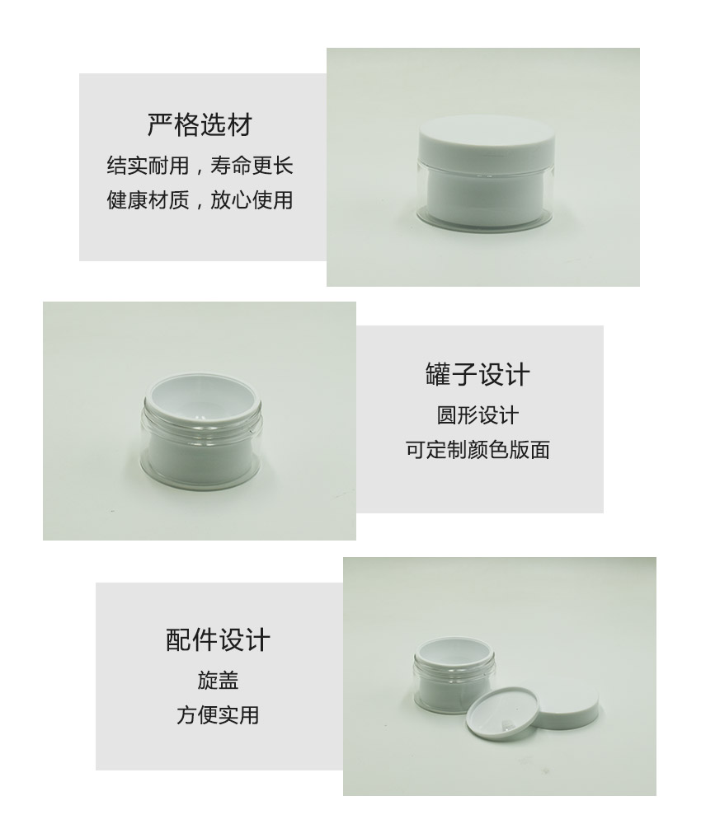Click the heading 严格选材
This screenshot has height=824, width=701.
[200, 125]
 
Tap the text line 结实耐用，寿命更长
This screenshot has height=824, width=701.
[200, 166]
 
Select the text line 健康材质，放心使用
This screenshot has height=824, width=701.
[200, 199]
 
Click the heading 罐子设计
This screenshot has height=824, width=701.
[478, 375]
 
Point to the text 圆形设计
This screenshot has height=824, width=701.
[478, 415]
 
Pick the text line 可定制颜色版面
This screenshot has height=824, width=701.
[478, 450]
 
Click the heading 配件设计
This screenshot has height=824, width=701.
[219, 640]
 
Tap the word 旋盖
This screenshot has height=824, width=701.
[219, 680]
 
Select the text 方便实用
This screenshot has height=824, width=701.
[219, 714]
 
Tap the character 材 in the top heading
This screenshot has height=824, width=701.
[240, 125]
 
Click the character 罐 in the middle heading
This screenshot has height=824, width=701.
[438, 375]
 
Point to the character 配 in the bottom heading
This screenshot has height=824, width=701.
[179, 640]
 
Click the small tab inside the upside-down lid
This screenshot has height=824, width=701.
[507, 724]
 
